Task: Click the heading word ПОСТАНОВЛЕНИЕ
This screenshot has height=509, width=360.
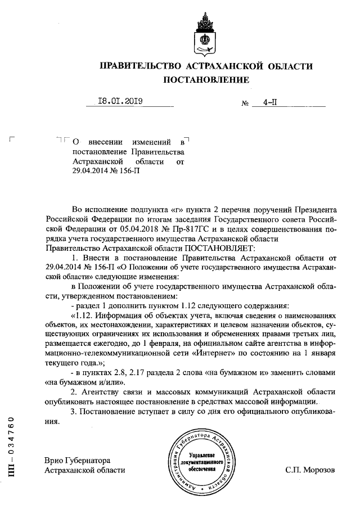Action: (x=206, y=80)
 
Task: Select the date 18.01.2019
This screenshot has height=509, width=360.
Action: (x=120, y=102)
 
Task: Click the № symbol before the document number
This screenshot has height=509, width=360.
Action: (x=229, y=104)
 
